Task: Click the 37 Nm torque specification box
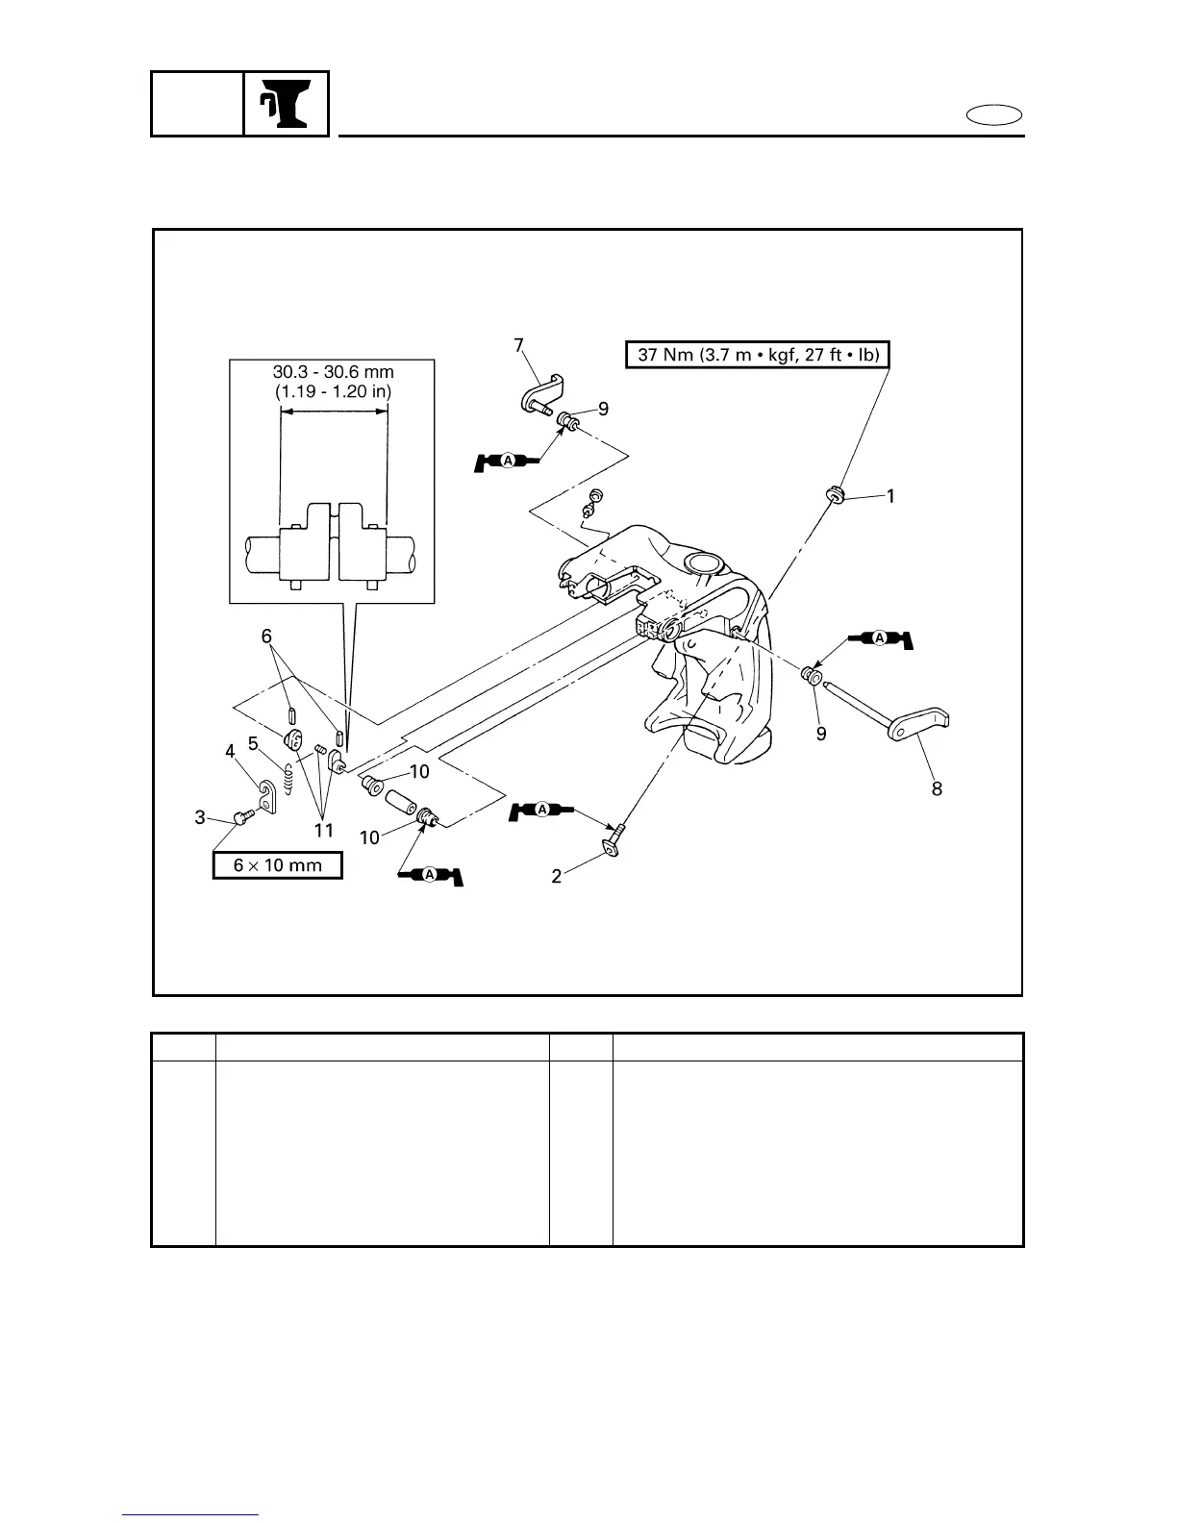[759, 354]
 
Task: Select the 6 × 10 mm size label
[278, 864]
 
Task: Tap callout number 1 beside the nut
[890, 496]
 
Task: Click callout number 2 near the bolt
[557, 877]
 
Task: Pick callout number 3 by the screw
[200, 817]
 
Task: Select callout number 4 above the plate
[231, 752]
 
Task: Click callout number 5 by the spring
[253, 743]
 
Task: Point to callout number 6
[267, 636]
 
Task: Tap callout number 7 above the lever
[518, 344]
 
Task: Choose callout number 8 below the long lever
[937, 788]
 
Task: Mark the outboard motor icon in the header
[287, 104]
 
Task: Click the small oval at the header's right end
[994, 116]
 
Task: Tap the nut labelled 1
[834, 495]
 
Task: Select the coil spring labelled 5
[288, 774]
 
